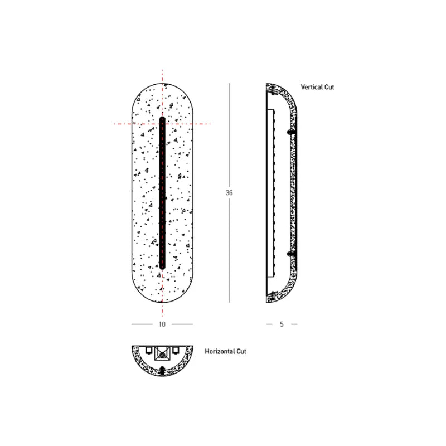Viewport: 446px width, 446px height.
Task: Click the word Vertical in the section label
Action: (x=312, y=87)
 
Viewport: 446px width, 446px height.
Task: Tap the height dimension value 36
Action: (x=229, y=193)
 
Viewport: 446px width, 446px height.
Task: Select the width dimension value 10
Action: (x=162, y=324)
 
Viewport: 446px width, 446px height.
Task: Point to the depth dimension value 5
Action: (x=282, y=324)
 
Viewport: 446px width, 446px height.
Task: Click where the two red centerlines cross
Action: (x=162, y=124)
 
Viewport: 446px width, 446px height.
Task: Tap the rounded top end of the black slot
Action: (x=162, y=118)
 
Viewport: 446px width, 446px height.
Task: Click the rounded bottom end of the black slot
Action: (x=162, y=267)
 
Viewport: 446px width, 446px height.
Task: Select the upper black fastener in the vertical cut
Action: (x=291, y=132)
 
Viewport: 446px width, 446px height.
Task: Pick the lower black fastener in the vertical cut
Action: (x=291, y=254)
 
